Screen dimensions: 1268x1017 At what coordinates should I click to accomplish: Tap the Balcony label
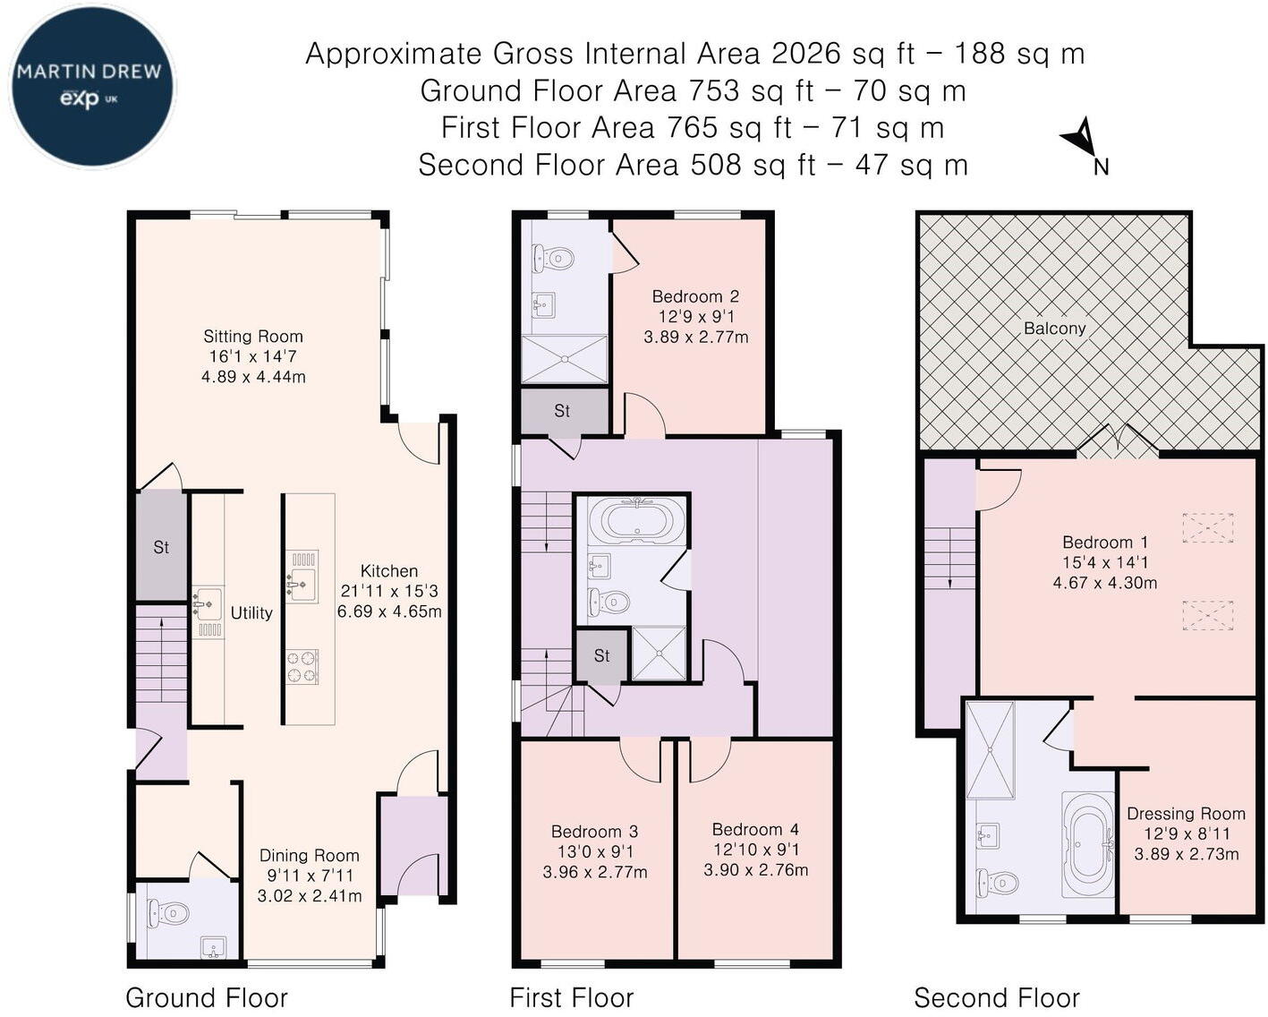[x=1054, y=328]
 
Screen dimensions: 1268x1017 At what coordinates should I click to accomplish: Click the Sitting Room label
[x=252, y=336]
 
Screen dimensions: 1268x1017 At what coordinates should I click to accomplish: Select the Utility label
[x=251, y=612]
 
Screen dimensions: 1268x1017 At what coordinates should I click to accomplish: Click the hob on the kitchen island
[x=302, y=667]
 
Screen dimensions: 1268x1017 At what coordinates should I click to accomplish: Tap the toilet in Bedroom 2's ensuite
[x=553, y=258]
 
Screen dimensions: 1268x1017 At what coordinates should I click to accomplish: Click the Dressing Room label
[x=1186, y=814]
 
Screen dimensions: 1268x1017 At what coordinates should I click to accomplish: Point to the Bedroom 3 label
[x=594, y=832]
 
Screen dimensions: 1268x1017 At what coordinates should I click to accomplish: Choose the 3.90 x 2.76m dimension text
[x=756, y=869]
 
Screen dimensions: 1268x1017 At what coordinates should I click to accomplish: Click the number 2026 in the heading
[x=805, y=54]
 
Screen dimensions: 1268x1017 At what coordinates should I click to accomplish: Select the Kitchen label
[x=389, y=570]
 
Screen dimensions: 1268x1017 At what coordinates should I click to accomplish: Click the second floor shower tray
[x=991, y=750]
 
